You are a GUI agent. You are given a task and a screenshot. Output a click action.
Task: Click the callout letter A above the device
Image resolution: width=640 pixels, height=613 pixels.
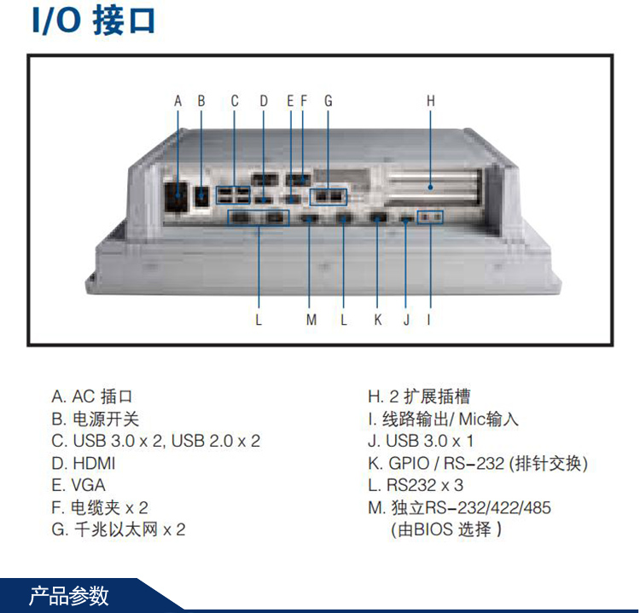click(178, 101)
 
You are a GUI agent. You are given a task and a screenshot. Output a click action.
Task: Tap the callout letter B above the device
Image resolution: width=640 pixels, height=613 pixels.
click(201, 101)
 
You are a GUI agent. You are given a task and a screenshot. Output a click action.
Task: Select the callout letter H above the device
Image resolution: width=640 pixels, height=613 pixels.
click(431, 101)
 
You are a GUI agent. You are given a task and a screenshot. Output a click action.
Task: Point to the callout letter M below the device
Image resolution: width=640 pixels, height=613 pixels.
click(311, 320)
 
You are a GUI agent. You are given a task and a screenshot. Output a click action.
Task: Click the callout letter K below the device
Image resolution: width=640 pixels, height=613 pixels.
click(377, 320)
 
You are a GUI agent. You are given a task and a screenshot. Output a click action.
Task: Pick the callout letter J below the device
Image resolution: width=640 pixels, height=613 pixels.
click(406, 320)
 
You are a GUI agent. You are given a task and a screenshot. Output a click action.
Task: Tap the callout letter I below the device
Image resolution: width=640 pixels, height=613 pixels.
click(429, 320)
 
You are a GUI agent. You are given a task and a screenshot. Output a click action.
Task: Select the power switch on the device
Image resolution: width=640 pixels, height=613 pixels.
click(202, 196)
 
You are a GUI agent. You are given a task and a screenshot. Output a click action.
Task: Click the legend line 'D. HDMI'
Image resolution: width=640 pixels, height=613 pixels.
click(83, 464)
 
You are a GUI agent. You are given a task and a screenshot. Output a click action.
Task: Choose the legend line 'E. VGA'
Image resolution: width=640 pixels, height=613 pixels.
click(79, 486)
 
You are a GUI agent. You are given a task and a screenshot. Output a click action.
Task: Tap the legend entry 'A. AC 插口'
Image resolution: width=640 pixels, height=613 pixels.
click(92, 397)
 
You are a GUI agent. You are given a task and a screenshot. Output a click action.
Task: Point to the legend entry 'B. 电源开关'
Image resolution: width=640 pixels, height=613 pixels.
click(94, 419)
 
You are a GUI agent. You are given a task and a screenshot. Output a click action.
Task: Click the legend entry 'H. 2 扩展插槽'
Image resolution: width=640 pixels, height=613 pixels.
click(419, 397)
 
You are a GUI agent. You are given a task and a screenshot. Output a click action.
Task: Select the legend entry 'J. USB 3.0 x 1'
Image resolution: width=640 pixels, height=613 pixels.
click(421, 442)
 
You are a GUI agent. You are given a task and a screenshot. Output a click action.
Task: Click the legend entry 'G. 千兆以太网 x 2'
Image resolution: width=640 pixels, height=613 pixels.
click(118, 530)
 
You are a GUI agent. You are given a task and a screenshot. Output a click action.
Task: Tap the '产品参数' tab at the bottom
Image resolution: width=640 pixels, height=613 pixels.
click(69, 596)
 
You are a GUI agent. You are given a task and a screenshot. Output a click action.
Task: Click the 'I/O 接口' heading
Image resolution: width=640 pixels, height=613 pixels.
click(94, 21)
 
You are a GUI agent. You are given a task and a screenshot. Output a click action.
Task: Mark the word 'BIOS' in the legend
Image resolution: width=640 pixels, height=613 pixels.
click(433, 530)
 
